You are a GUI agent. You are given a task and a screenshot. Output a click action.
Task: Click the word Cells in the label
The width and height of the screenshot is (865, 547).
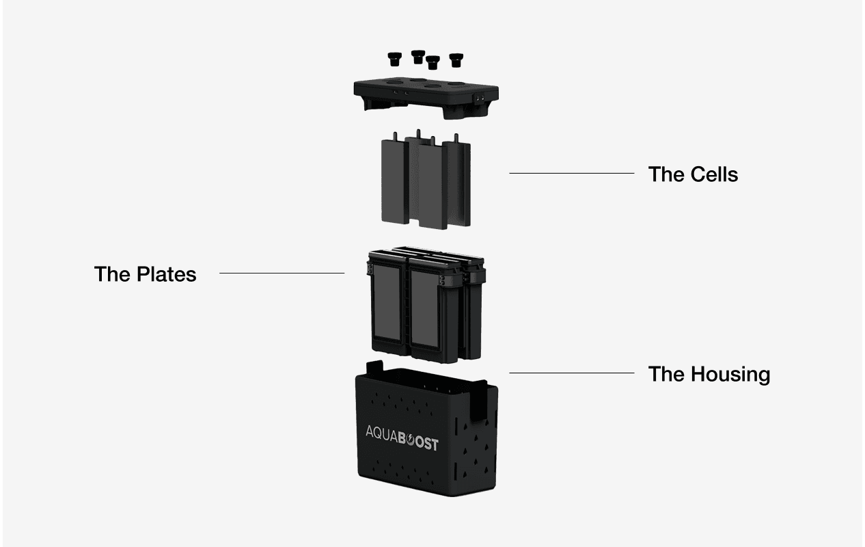pos(713,174)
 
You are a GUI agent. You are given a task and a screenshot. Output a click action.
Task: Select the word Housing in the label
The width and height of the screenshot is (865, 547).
pos(730,374)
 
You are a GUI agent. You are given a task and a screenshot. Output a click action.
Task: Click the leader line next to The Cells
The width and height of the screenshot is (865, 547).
pos(571,174)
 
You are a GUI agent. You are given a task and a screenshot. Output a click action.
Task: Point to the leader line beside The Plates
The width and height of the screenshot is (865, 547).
pos(282,273)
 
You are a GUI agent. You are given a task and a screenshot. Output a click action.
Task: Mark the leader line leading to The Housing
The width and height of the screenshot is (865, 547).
pos(571,373)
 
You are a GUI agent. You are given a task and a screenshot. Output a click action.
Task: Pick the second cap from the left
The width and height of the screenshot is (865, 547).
pos(418,56)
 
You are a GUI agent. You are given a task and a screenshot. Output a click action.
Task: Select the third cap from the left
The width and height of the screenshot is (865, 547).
pos(432,62)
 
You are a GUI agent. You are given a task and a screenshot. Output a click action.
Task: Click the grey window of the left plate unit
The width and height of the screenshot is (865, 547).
pos(388,306)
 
